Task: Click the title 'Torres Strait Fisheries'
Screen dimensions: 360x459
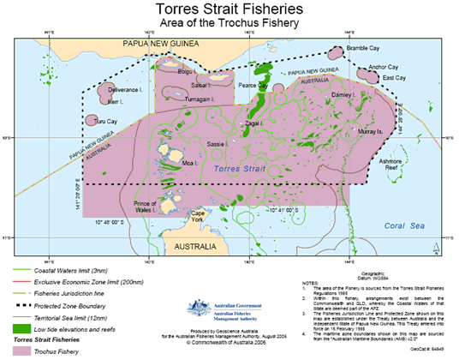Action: [x=229, y=9]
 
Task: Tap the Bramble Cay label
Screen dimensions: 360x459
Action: [x=363, y=49]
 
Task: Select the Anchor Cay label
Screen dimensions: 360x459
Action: [x=381, y=67]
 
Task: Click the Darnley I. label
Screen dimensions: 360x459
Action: [x=343, y=94]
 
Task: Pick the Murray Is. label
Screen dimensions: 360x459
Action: [x=369, y=132]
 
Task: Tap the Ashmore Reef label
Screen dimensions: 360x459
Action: [x=391, y=165]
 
